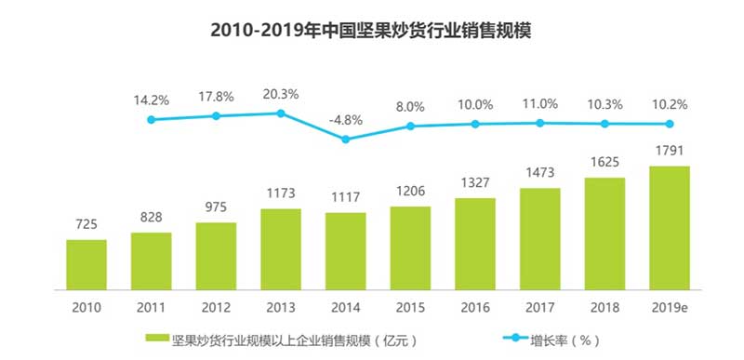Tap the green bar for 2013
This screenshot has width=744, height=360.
click(x=281, y=247)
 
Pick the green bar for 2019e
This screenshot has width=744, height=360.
click(x=669, y=227)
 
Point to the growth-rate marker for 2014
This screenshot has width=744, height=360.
click(x=345, y=140)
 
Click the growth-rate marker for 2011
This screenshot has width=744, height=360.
click(x=152, y=120)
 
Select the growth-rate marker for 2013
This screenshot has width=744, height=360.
click(x=281, y=113)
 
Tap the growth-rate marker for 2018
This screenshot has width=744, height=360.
click(x=604, y=124)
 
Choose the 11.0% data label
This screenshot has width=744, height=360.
click(x=540, y=103)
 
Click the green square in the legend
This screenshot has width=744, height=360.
click(x=152, y=339)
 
